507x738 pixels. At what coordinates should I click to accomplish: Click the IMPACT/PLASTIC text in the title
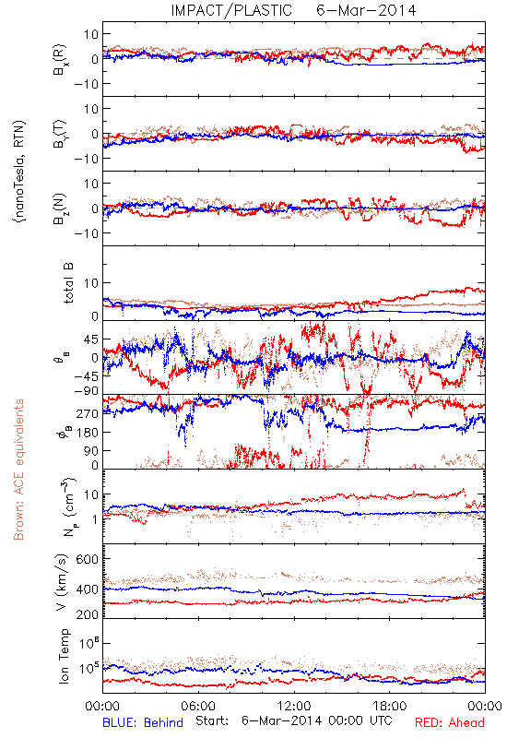pyautogui.click(x=231, y=10)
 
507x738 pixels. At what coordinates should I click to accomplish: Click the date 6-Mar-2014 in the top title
pyautogui.click(x=366, y=10)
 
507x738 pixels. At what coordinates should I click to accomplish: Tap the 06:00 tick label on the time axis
pyautogui.click(x=198, y=706)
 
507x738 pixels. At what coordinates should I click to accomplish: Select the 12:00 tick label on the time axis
pyautogui.click(x=294, y=706)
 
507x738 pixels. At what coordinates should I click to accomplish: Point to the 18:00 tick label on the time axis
pyautogui.click(x=390, y=706)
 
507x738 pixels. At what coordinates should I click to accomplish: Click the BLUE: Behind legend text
pyautogui.click(x=143, y=722)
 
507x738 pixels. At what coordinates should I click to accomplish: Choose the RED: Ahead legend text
pyautogui.click(x=450, y=722)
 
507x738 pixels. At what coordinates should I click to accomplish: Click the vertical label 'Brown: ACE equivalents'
pyautogui.click(x=18, y=470)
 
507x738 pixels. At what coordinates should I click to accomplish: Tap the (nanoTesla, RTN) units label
pyautogui.click(x=19, y=171)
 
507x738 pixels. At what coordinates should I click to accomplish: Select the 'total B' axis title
pyautogui.click(x=68, y=283)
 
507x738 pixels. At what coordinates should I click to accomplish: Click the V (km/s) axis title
pyautogui.click(x=63, y=582)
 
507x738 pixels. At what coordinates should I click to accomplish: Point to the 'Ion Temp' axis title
pyautogui.click(x=64, y=656)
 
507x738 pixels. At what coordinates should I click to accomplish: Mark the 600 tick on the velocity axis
pyautogui.click(x=88, y=559)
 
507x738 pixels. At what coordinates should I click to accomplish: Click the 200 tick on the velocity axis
pyautogui.click(x=88, y=613)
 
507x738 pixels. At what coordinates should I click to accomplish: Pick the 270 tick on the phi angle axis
pyautogui.click(x=88, y=413)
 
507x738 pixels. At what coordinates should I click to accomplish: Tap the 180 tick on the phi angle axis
pyautogui.click(x=88, y=432)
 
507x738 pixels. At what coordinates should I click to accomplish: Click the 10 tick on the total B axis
pyautogui.click(x=91, y=283)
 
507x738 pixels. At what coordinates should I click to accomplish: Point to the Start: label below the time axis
pyautogui.click(x=212, y=721)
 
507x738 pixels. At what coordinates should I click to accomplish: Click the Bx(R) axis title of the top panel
pyautogui.click(x=60, y=60)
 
